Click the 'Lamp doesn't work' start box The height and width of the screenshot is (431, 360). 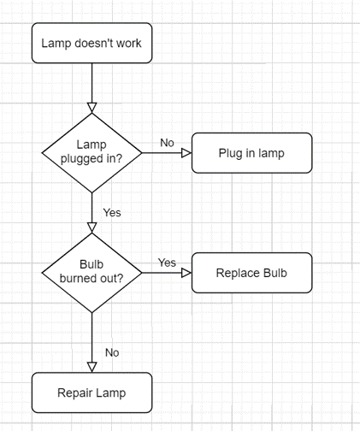[91, 43]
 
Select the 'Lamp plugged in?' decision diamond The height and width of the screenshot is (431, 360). [91, 152]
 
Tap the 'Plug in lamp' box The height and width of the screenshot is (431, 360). [251, 153]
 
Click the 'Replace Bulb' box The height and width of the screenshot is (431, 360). [251, 273]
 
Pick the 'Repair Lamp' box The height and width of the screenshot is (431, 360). [91, 393]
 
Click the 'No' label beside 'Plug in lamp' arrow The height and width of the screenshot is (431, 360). [167, 142]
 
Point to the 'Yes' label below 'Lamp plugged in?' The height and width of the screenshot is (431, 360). [111, 212]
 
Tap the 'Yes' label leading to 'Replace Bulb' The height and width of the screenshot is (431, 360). [167, 263]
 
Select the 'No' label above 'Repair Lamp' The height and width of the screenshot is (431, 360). [111, 351]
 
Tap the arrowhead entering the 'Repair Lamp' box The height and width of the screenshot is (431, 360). [91, 367]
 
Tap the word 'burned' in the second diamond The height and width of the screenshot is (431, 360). [78, 279]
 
